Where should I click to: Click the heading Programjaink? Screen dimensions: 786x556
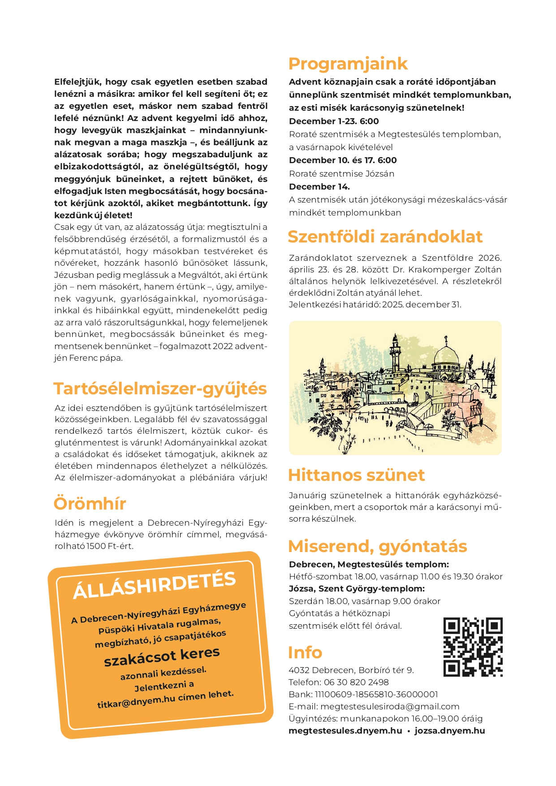pyautogui.click(x=348, y=64)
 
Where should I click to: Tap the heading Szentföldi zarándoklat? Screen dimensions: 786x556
pyautogui.click(x=385, y=237)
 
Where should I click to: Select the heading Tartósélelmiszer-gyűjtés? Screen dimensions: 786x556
pyautogui.click(x=160, y=389)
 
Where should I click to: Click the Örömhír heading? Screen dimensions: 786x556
pyautogui.click(x=90, y=504)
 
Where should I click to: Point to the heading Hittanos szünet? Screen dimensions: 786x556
pyautogui.click(x=356, y=475)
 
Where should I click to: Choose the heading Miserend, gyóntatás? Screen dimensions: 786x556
pyautogui.click(x=377, y=546)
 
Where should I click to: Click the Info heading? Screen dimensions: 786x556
pyautogui.click(x=305, y=652)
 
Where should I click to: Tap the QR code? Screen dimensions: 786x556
pyautogui.click(x=473, y=647)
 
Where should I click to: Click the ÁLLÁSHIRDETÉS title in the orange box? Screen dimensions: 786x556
pyautogui.click(x=154, y=585)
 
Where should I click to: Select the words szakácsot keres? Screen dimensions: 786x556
pyautogui.click(x=162, y=656)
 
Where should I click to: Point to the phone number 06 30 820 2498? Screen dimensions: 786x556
pyautogui.click(x=356, y=682)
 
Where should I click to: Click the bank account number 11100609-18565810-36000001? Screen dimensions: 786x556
pyautogui.click(x=376, y=694)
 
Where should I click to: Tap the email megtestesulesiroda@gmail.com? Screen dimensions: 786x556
pyautogui.click(x=390, y=706)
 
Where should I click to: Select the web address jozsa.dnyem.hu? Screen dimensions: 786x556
pyautogui.click(x=449, y=730)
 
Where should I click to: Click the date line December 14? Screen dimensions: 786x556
pyautogui.click(x=319, y=186)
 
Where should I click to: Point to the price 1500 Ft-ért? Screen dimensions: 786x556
pyautogui.click(x=110, y=546)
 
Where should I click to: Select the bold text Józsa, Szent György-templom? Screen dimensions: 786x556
pyautogui.click(x=357, y=588)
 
